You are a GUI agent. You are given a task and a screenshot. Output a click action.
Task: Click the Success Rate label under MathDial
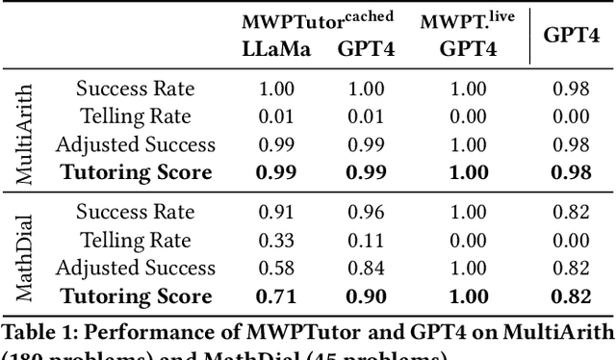(135, 213)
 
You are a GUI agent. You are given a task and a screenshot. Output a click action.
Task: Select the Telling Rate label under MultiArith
(135, 116)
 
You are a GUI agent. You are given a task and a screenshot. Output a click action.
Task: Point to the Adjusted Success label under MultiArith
(135, 144)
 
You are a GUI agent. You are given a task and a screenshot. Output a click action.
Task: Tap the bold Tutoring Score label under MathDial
(135, 296)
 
